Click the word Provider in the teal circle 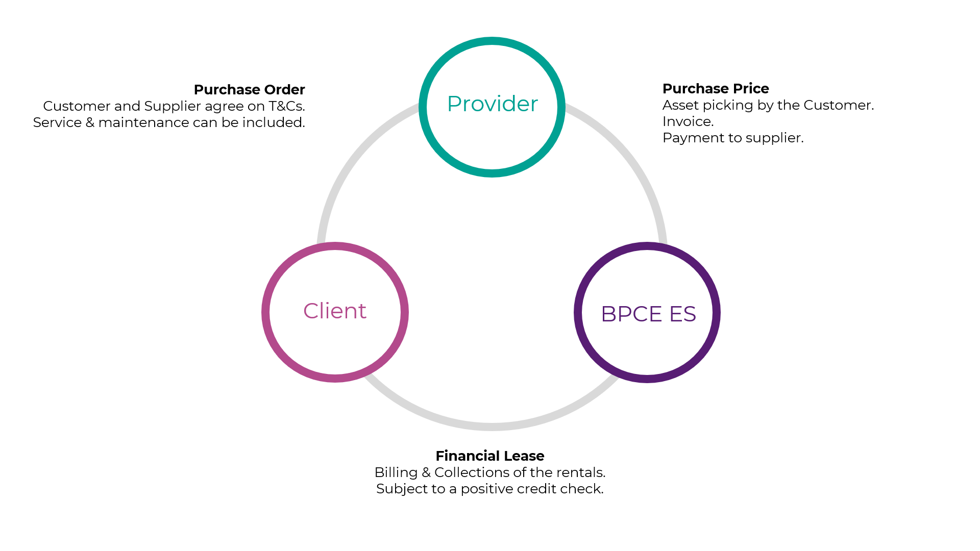pos(493,104)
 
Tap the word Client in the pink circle pos(335,311)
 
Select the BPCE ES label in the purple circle pos(648,314)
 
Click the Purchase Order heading pos(249,90)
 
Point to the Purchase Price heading pos(716,89)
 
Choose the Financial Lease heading pos(490,456)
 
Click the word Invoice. pos(688,121)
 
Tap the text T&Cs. pos(287,106)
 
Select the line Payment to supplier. pos(733,138)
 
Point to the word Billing pos(396,473)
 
